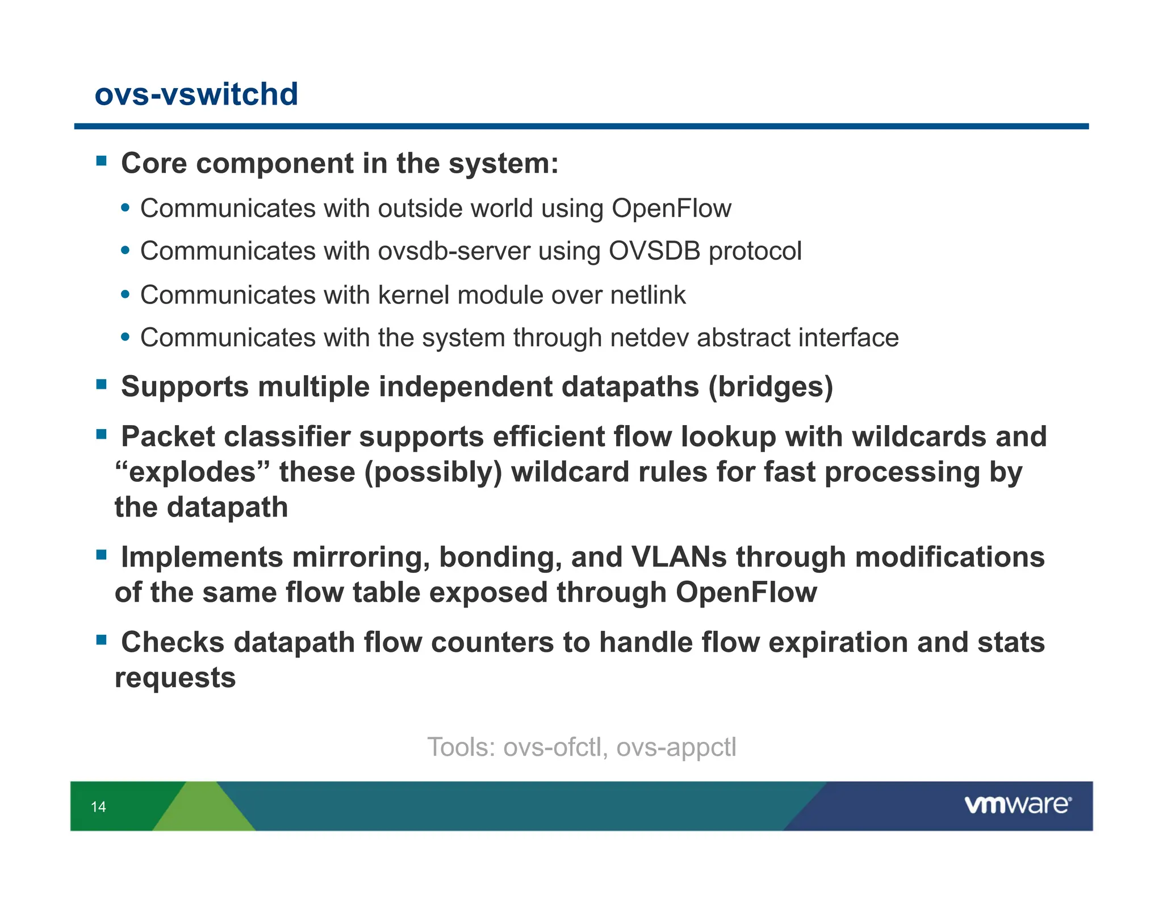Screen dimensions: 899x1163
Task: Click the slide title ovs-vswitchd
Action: tap(196, 94)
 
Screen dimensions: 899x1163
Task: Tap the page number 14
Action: tap(98, 806)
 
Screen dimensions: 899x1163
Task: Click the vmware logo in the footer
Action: tap(1018, 805)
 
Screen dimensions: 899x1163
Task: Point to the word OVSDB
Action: tap(654, 251)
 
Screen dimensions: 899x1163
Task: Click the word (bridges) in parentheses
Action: tap(771, 387)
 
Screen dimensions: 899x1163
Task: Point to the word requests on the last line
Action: tap(175, 678)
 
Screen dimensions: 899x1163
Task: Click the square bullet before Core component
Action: tap(102, 161)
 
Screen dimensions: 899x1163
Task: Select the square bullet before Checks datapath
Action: tap(102, 640)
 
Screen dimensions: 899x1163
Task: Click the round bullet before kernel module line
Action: tap(125, 295)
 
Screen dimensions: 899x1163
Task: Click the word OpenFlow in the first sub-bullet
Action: tap(671, 209)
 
